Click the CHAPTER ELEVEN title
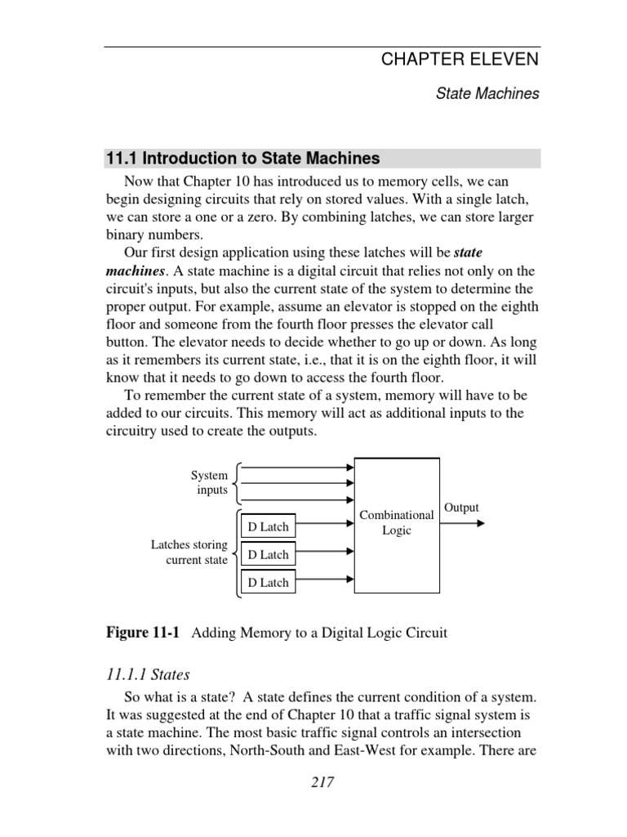tap(460, 59)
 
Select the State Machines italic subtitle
tap(487, 94)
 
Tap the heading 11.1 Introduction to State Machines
tap(243, 158)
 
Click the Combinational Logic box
tap(397, 524)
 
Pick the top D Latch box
tap(268, 526)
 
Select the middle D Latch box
tap(268, 554)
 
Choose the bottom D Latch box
tap(268, 583)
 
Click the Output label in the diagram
tap(461, 508)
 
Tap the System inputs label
tap(210, 482)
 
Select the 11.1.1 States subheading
tap(149, 674)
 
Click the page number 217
tap(322, 782)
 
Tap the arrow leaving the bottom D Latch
tap(325, 583)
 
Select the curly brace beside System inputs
tap(235, 482)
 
